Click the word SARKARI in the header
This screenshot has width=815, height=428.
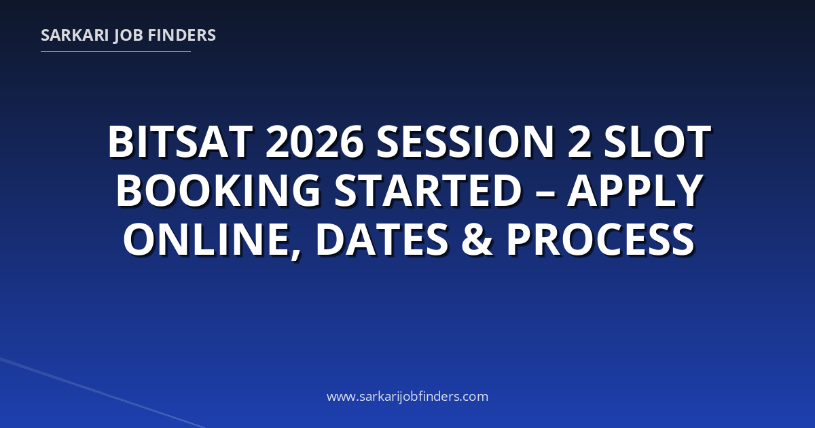coord(75,35)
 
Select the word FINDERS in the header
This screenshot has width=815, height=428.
coord(182,35)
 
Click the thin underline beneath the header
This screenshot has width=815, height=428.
coord(115,52)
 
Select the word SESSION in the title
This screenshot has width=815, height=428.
coord(465,142)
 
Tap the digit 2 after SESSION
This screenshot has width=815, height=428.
coord(579,142)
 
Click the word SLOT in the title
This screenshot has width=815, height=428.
coord(657,142)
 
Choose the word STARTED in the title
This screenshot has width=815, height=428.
coord(429,190)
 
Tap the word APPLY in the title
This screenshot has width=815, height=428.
coord(635,190)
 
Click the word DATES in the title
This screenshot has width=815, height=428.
coord(382,239)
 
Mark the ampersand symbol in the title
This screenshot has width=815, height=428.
coord(477,239)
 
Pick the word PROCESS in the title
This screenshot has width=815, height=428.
coord(600,239)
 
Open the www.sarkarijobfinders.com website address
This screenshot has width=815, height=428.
coord(407,397)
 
